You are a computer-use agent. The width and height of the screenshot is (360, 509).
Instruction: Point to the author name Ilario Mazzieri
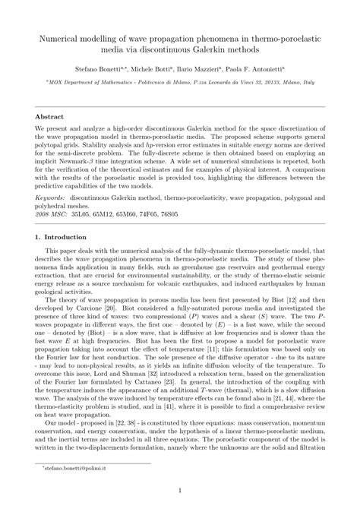point(210,68)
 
